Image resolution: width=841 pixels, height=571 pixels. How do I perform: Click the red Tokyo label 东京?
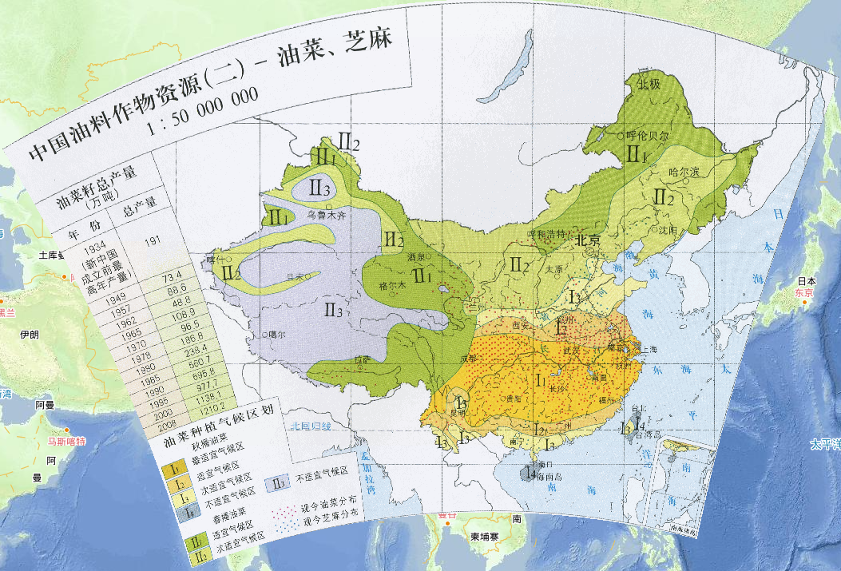tap(803, 293)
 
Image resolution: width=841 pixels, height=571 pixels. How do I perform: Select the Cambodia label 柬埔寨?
tap(485, 537)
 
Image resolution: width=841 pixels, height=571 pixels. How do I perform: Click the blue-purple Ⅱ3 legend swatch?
tap(279, 482)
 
